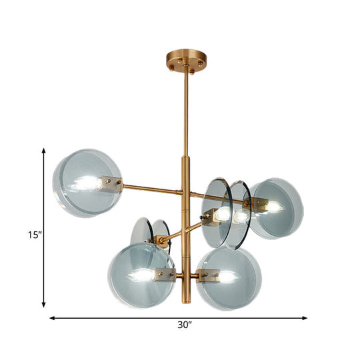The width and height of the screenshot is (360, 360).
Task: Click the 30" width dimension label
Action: click(185, 325)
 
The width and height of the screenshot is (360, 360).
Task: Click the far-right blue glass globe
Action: click(276, 208)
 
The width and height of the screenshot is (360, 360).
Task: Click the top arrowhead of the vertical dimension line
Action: click(44, 151)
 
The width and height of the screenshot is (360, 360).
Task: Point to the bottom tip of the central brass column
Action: click(185, 302)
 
